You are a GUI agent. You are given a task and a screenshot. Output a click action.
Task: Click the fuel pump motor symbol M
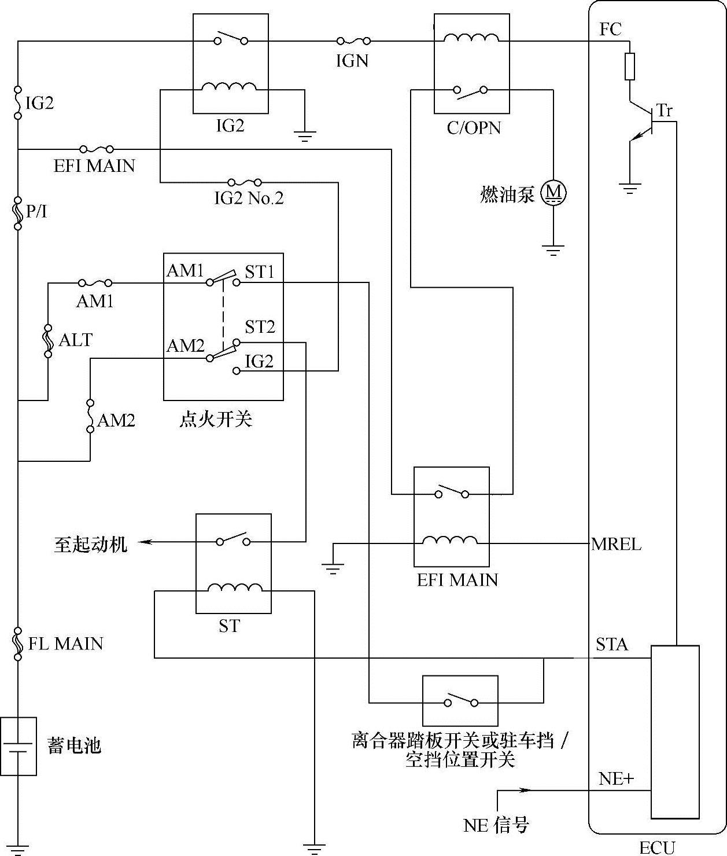[553, 193]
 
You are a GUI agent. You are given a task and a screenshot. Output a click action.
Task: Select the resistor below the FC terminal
[629, 66]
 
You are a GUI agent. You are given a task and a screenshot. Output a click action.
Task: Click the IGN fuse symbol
[353, 41]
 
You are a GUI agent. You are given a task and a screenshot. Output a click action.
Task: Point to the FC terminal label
[610, 30]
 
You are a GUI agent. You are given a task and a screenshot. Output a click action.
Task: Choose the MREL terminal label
[616, 544]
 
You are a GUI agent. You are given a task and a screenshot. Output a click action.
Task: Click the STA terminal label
[611, 644]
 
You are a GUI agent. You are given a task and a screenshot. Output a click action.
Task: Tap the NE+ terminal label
[616, 779]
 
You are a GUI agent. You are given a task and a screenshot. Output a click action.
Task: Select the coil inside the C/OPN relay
[471, 38]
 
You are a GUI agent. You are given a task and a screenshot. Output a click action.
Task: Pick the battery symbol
[18, 746]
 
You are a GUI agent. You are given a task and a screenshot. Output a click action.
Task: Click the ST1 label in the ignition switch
[260, 272]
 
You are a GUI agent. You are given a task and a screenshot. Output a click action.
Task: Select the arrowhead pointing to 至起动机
[145, 541]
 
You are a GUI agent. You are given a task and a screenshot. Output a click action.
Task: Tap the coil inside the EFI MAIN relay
[449, 540]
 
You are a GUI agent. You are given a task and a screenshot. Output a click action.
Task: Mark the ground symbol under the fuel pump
[553, 251]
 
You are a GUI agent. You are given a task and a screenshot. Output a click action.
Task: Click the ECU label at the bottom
[658, 848]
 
